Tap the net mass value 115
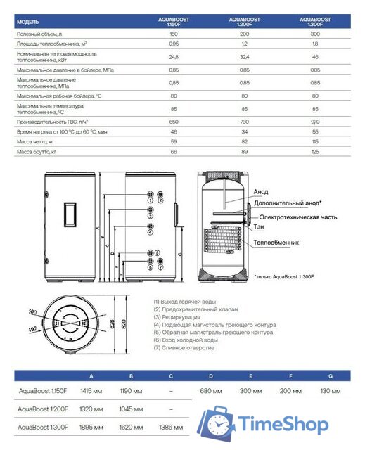coord(315,141)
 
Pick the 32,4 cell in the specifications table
coord(244,56)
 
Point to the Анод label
coord(260,191)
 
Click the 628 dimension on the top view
coord(113,323)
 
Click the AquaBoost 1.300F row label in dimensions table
coord(42,427)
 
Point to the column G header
coord(330,375)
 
